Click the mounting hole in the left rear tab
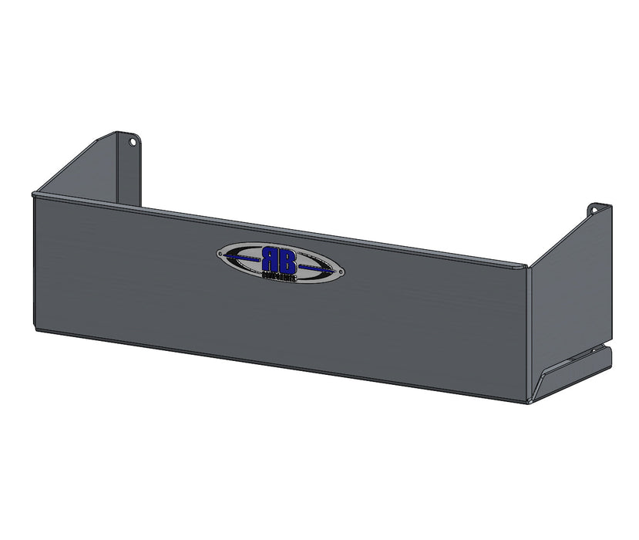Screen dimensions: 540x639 (x=132, y=142)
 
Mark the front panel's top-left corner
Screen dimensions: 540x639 (x=33, y=194)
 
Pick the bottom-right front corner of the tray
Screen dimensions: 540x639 (x=528, y=402)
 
